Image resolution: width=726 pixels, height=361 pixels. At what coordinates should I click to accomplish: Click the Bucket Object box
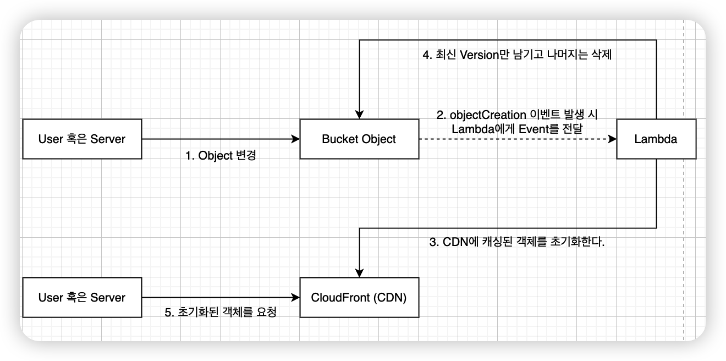click(359, 139)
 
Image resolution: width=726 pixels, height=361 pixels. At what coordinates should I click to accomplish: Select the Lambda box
click(656, 139)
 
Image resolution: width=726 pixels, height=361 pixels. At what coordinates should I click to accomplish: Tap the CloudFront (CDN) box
click(359, 298)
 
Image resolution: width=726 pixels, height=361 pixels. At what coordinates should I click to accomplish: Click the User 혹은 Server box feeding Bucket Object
click(82, 139)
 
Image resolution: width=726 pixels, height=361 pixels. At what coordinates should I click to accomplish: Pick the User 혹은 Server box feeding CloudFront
click(82, 298)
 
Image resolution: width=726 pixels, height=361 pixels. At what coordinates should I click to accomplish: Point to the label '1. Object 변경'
click(221, 156)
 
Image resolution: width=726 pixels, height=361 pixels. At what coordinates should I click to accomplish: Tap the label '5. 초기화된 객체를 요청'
click(220, 313)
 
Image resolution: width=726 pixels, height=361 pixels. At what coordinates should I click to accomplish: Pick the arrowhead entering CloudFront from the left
click(295, 298)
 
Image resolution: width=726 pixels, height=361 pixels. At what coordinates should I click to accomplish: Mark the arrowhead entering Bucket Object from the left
click(295, 139)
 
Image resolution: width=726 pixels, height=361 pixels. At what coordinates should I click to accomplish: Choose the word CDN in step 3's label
click(454, 242)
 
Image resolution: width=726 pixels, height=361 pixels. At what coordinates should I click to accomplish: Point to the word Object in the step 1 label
click(216, 156)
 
